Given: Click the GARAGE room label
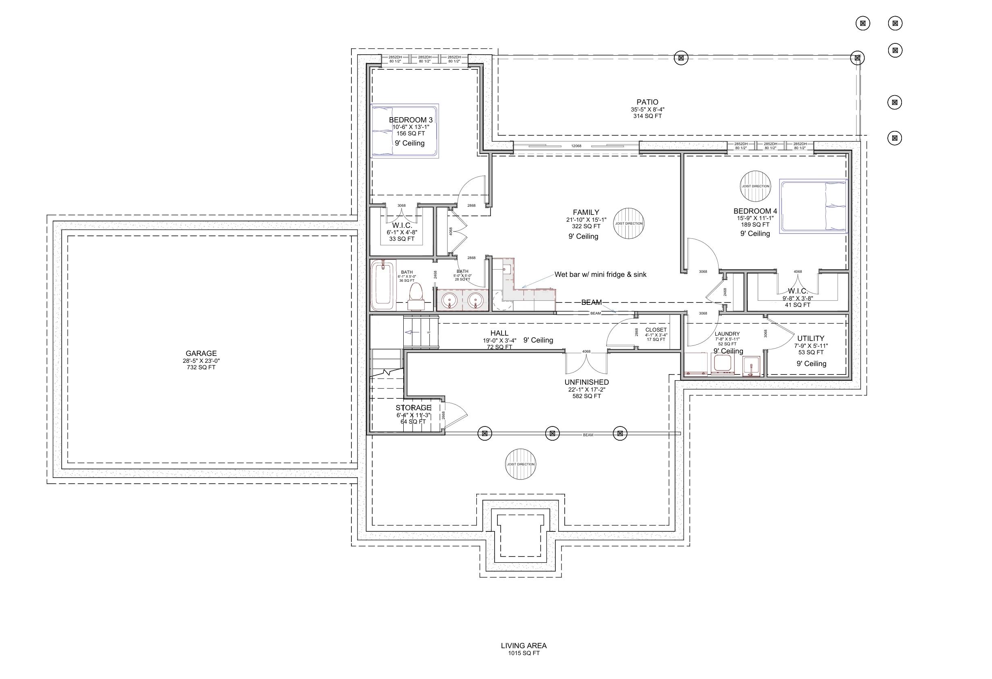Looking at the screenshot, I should point(201,353).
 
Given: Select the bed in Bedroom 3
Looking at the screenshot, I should point(405,131).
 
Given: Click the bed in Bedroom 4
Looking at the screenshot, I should point(813,206).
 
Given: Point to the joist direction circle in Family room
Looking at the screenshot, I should point(628,223).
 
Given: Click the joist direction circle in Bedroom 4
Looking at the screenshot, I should point(755,186).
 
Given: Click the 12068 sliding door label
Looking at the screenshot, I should point(576,146).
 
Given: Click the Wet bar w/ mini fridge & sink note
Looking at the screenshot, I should point(600,275).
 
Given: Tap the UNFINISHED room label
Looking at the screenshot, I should point(587,383).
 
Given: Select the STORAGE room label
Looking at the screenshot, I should point(413,408).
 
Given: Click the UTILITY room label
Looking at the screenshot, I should point(811,338).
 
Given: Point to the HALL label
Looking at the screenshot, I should point(499,333).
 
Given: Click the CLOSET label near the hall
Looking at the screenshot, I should point(656,330).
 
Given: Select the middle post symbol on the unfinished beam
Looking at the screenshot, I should point(552,434).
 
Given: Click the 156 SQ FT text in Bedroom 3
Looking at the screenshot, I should point(411,133).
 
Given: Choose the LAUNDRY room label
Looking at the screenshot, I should point(727,334).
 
